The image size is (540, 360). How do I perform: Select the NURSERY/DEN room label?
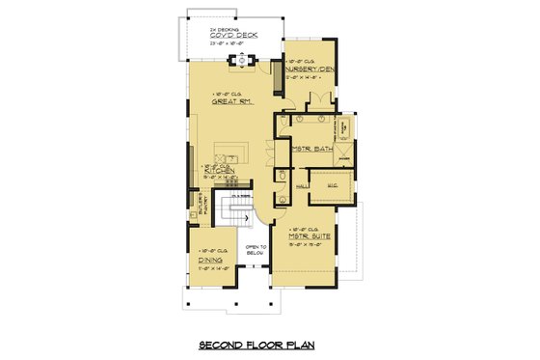[312, 69]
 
